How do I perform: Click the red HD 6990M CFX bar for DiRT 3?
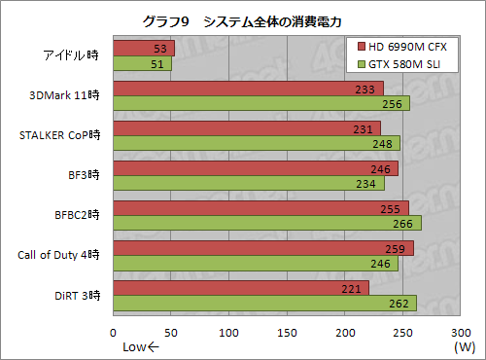[x=241, y=287]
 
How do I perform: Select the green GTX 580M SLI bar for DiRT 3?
[x=264, y=303]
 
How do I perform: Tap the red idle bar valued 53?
[x=144, y=48]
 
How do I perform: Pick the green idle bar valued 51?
[x=143, y=63]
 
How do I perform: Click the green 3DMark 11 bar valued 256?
[x=261, y=103]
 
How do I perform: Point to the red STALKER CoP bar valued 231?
[x=247, y=127]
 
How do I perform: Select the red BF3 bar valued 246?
[x=256, y=167]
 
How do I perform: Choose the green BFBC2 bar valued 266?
[x=267, y=223]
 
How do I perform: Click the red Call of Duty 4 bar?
[x=263, y=247]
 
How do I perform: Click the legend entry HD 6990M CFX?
[x=407, y=47]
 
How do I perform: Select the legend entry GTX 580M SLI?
[x=407, y=65]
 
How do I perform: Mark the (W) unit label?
[x=465, y=347]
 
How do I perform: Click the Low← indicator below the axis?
[x=139, y=347]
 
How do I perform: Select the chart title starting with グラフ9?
[x=242, y=18]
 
